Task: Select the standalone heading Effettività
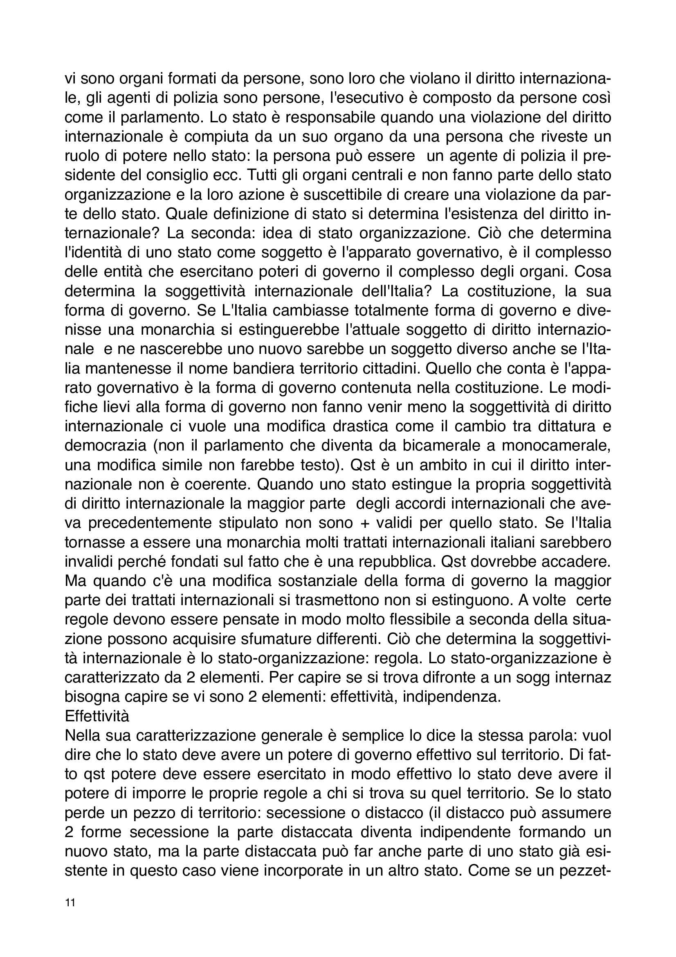point(97,716)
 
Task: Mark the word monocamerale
point(556,446)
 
